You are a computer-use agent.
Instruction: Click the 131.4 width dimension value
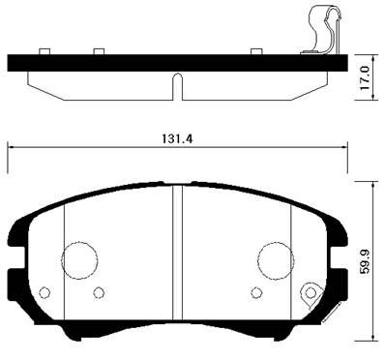178,138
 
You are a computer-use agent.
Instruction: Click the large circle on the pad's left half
80,259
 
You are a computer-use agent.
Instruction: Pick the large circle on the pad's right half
276,259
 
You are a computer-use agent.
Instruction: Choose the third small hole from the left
256,292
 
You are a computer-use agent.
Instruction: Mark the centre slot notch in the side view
177,85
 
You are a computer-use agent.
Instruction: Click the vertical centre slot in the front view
177,261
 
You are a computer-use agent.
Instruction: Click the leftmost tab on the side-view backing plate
43,51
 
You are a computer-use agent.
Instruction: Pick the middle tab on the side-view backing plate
97,51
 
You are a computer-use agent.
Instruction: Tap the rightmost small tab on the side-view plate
255,51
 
